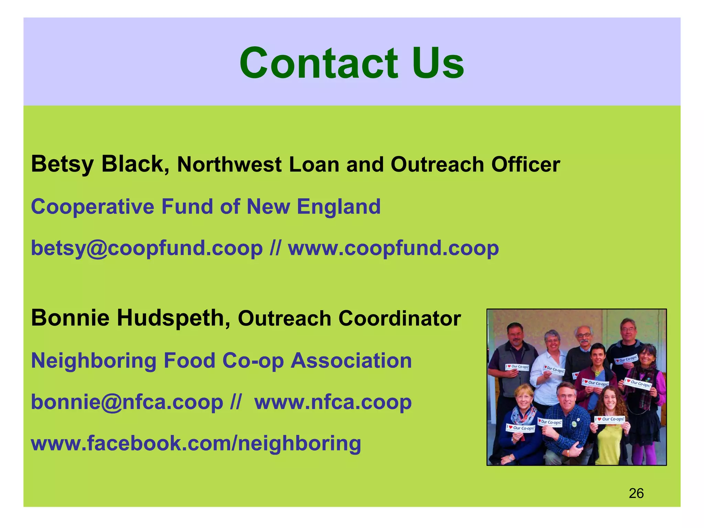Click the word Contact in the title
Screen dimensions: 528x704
318,64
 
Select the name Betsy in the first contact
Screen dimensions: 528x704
62,164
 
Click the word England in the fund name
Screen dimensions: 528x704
339,207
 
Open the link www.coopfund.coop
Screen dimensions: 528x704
393,249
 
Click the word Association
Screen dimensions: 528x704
351,361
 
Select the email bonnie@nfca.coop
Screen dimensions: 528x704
127,402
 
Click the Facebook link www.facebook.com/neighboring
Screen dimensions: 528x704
196,443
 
